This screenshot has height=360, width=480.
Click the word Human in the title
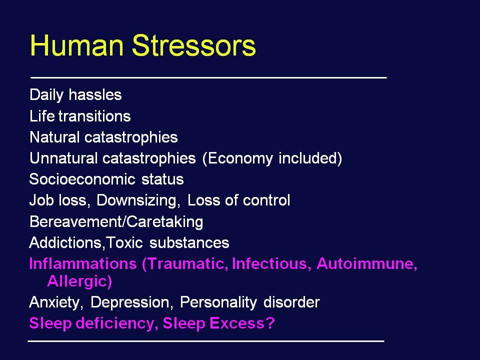coord(76,45)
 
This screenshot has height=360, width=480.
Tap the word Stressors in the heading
coord(194,45)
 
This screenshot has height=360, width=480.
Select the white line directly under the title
coord(209,78)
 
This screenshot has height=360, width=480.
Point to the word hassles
coord(95,94)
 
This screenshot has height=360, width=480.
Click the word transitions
coord(94,116)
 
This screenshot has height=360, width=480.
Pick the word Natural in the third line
coord(54,137)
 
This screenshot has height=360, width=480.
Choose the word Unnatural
coord(63,158)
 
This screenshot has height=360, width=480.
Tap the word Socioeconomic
coord(82,179)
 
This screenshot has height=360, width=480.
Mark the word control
coord(266,200)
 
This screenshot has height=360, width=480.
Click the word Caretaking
coord(164,222)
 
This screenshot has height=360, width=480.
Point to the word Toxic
coord(124,242)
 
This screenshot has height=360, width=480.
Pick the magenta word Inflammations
coord(82,263)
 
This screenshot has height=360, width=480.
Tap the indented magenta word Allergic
coord(79,281)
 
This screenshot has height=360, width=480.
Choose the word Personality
coord(218,303)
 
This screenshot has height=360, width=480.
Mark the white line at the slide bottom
coord(206,341)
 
